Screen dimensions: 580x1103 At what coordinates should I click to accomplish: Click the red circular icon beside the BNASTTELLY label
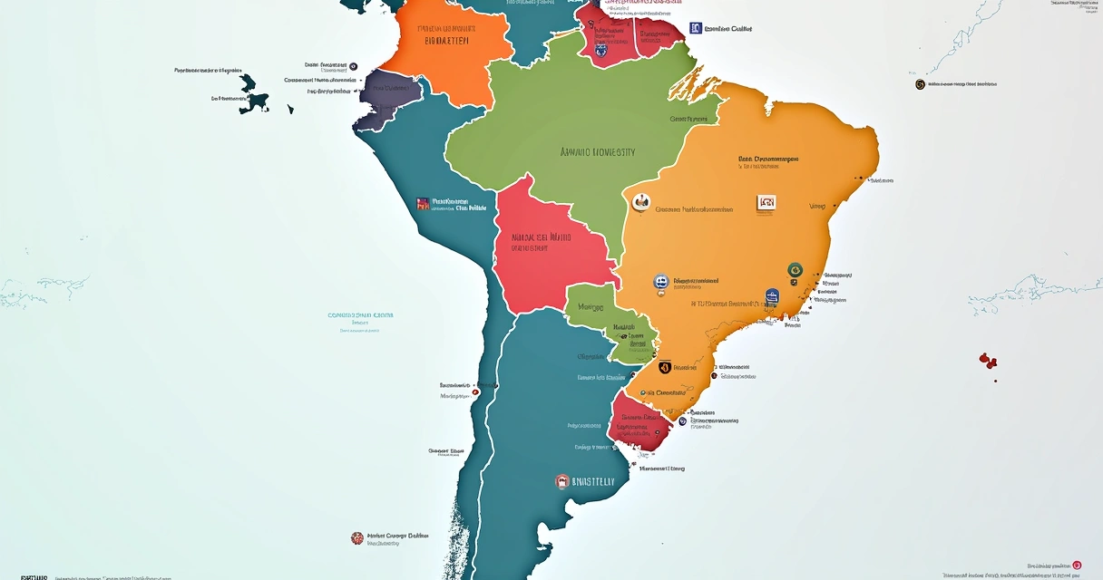coord(562,481)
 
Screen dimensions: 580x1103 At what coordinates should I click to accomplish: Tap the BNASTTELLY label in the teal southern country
coord(593,482)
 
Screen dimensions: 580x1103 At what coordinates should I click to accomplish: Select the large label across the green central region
coord(597,152)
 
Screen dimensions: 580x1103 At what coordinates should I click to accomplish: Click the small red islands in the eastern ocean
coord(988,361)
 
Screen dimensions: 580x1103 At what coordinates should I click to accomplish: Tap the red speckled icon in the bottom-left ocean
coord(357,538)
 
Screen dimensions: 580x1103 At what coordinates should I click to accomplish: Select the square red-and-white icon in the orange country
coord(766,204)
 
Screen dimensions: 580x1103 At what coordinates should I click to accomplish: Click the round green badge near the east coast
coord(795,269)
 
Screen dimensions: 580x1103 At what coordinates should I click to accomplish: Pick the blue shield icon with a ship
coord(772,295)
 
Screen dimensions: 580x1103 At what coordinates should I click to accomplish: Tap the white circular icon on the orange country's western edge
coord(642,202)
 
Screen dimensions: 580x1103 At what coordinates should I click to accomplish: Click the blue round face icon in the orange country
coord(661,283)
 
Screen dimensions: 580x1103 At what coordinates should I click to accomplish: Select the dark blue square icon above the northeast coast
coord(696,28)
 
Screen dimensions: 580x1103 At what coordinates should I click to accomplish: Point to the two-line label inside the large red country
coord(541,240)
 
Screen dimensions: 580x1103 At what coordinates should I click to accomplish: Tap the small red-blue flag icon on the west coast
coord(422,204)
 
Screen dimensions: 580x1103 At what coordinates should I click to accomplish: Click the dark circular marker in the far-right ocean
coord(920,84)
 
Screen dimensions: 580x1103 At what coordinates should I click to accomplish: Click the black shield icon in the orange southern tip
coord(664,368)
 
